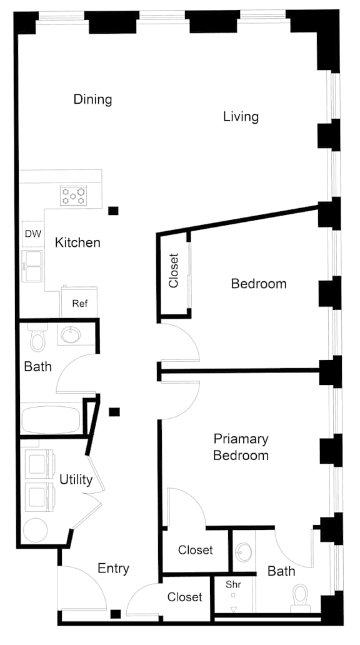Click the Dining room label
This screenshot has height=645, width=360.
pyautogui.click(x=92, y=99)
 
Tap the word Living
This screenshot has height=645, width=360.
pyautogui.click(x=241, y=117)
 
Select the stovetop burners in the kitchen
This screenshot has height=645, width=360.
pyautogui.click(x=73, y=195)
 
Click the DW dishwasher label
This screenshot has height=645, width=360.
pyautogui.click(x=33, y=234)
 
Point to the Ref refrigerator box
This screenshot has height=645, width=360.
pyautogui.click(x=79, y=302)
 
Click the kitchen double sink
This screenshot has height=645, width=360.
pyautogui.click(x=33, y=266)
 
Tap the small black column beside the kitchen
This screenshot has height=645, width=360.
pyautogui.click(x=113, y=211)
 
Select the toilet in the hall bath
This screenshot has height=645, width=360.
pyautogui.click(x=37, y=338)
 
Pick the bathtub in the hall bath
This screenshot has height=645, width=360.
pyautogui.click(x=51, y=420)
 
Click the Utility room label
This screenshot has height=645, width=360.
pyautogui.click(x=76, y=479)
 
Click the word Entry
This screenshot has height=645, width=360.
pyautogui.click(x=113, y=569)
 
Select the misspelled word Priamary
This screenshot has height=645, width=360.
pyautogui.click(x=241, y=439)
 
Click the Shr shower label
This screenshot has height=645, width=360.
pyautogui.click(x=233, y=584)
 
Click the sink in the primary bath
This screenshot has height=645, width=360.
pyautogui.click(x=244, y=551)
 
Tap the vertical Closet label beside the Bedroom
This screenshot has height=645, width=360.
pyautogui.click(x=174, y=271)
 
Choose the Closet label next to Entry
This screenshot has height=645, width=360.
pyautogui.click(x=184, y=597)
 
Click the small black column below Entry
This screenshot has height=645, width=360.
pyautogui.click(x=116, y=614)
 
